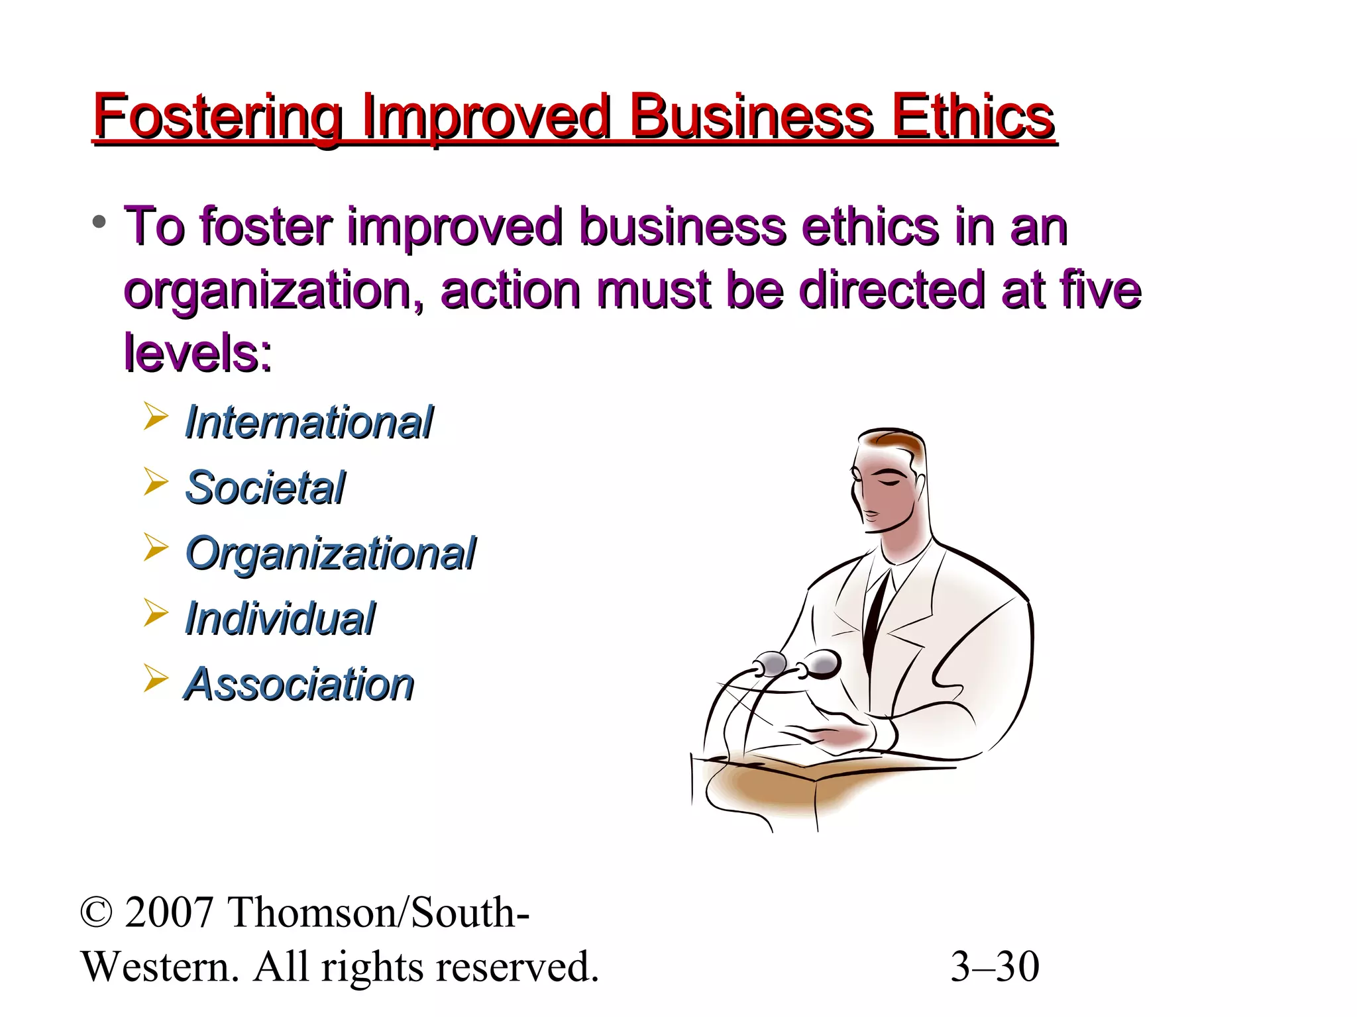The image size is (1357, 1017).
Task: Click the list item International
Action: (x=308, y=422)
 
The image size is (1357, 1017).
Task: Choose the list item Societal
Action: (x=265, y=488)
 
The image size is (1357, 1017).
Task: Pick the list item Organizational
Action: (x=330, y=554)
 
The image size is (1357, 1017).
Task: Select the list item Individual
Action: (x=280, y=619)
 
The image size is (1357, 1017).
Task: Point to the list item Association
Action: (x=299, y=684)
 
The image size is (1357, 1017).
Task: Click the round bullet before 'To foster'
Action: (x=99, y=221)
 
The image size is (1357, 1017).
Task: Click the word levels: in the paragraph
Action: (x=197, y=353)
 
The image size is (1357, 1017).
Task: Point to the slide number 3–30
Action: (x=995, y=967)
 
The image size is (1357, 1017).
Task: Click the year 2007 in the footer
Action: (x=168, y=912)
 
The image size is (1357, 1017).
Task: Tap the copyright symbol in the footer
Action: (x=97, y=912)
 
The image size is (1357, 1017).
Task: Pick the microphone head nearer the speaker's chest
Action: (x=822, y=662)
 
